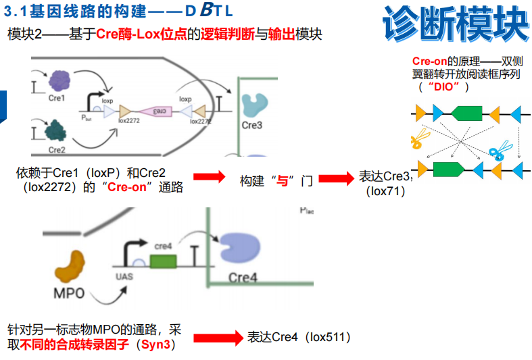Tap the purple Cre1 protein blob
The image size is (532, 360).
[59, 81]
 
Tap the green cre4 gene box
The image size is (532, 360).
[163, 261]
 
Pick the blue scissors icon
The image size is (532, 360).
[500, 150]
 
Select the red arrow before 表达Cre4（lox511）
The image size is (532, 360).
[218, 337]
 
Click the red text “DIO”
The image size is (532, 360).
[443, 87]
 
